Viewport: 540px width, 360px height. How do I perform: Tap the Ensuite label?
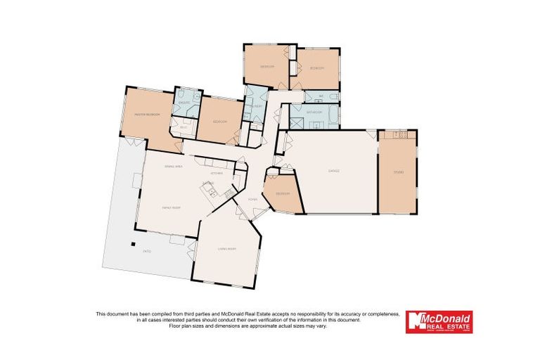(184, 103)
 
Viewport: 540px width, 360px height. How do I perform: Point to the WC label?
(321, 96)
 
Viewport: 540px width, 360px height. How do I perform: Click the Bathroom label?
(314, 112)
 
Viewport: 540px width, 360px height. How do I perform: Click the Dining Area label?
(173, 166)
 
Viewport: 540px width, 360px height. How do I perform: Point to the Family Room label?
(169, 208)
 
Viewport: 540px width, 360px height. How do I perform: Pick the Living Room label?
(226, 249)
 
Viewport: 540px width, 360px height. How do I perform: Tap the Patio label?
(147, 251)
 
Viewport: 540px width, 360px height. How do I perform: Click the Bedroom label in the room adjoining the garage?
(283, 194)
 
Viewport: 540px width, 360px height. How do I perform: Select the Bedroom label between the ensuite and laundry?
(219, 122)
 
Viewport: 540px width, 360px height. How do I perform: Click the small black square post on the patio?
(131, 243)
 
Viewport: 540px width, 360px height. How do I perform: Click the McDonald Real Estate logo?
(440, 321)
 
